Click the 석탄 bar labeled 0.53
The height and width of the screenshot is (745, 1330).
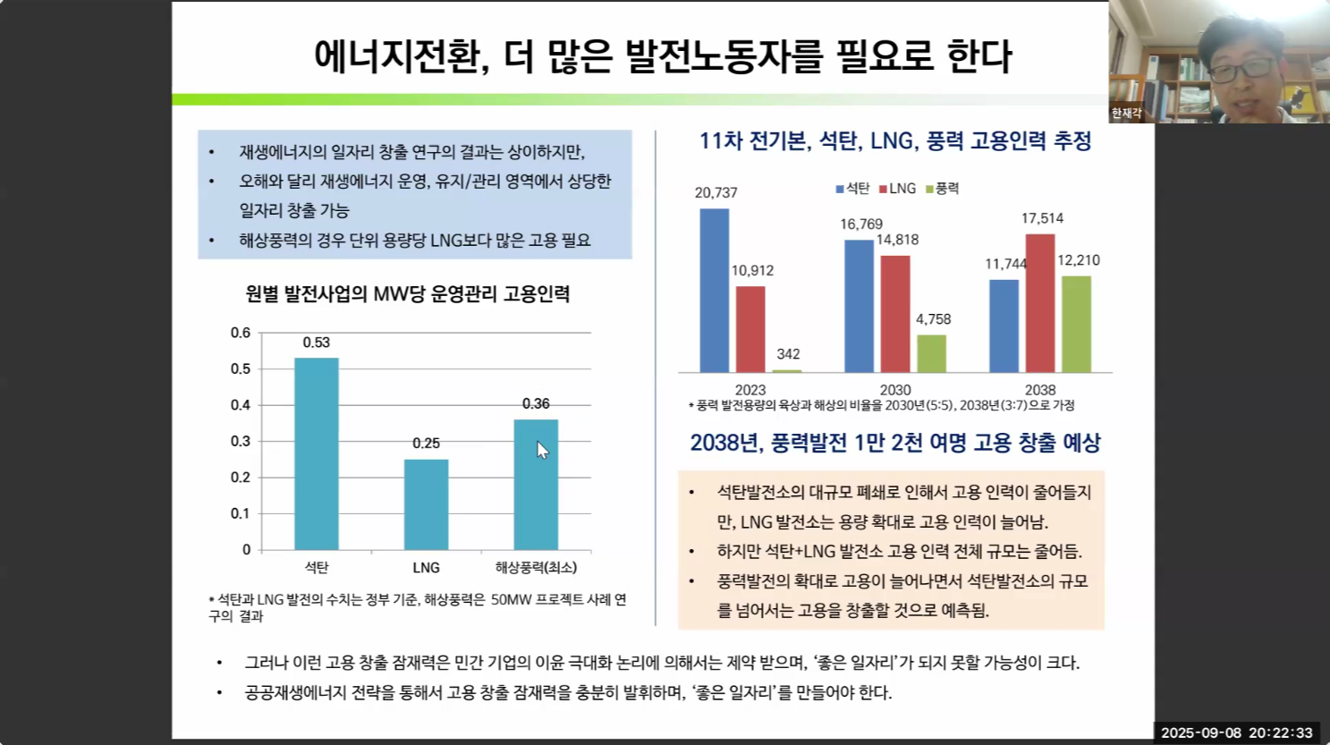click(x=317, y=453)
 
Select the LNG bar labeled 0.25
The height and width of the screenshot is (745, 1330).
click(x=426, y=504)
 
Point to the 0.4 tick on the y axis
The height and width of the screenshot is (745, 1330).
click(x=241, y=405)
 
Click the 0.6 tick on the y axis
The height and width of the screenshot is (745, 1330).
click(x=241, y=333)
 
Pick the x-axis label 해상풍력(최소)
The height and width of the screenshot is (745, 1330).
click(x=536, y=568)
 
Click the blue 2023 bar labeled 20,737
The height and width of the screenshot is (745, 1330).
click(x=714, y=291)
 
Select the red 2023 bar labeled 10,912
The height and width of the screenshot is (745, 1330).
click(x=750, y=329)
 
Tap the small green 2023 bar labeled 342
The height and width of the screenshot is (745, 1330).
click(x=787, y=370)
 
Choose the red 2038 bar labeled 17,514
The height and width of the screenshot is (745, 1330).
click(x=1040, y=303)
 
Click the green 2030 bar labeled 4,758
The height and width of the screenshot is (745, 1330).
click(x=931, y=353)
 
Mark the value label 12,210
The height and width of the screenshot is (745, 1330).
click(x=1079, y=260)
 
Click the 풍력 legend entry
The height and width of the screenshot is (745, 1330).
click(x=943, y=189)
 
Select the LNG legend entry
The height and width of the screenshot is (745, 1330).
click(x=898, y=189)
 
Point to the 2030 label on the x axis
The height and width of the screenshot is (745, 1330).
click(x=895, y=390)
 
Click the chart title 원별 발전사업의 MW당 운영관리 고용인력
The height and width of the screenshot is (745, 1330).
click(x=408, y=294)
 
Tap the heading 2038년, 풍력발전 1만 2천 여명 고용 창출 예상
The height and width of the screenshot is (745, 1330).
click(x=895, y=443)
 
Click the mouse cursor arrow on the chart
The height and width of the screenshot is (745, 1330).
click(x=542, y=450)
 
